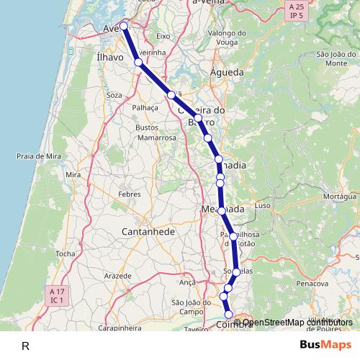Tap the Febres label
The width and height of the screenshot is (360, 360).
click(x=130, y=194)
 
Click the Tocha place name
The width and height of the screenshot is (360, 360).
click(x=65, y=254)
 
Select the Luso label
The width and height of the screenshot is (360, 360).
click(x=262, y=205)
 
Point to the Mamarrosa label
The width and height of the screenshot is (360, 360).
click(x=156, y=137)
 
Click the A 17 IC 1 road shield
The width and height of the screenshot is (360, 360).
click(x=57, y=294)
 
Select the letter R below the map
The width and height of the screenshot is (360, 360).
click(x=25, y=346)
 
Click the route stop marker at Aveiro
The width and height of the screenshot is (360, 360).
click(x=124, y=26)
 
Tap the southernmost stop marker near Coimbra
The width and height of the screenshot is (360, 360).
click(x=229, y=315)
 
